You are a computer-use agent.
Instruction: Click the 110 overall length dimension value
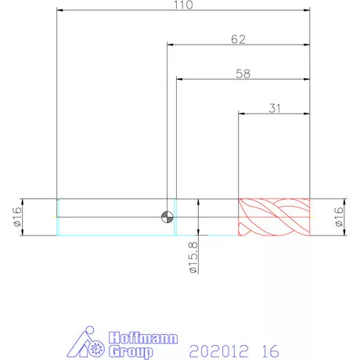click(183, 5)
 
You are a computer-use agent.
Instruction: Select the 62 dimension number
click(238, 39)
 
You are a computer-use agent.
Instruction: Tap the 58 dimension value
click(243, 74)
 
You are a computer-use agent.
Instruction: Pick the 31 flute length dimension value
click(275, 108)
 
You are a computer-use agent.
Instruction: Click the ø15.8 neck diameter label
click(193, 257)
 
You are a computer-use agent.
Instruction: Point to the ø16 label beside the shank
click(17, 217)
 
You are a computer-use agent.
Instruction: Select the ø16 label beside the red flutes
click(339, 217)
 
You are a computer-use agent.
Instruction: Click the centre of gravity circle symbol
click(167, 217)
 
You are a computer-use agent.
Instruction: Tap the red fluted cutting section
click(274, 217)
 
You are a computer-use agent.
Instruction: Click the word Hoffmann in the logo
click(143, 338)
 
